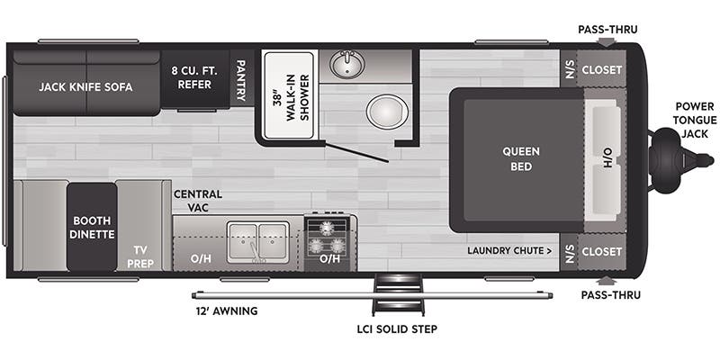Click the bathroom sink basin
click(x=347, y=64)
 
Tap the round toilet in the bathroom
click(x=387, y=112)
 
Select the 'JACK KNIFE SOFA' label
click(x=85, y=86)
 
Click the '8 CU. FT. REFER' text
click(x=194, y=78)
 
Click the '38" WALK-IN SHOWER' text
click(x=289, y=97)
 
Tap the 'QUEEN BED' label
click(x=521, y=158)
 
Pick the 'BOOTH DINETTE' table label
click(x=92, y=228)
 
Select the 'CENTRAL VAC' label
click(x=198, y=201)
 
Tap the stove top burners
click(x=327, y=238)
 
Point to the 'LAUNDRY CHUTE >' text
click(x=510, y=251)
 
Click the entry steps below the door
click(x=398, y=294)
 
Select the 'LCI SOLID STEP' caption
click(x=397, y=328)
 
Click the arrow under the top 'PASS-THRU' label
click(x=607, y=42)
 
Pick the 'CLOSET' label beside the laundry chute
click(x=601, y=252)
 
